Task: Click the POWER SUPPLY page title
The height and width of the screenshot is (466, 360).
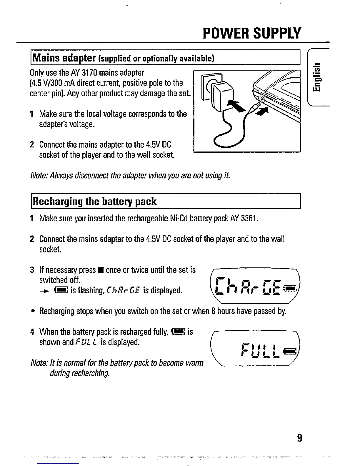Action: [252, 33]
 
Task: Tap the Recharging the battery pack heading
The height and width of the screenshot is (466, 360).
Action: [95, 202]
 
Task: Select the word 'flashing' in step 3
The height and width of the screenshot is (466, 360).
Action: [89, 291]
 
